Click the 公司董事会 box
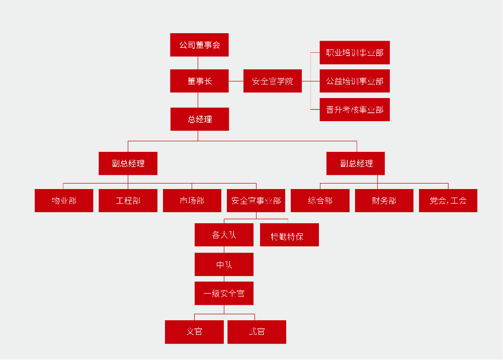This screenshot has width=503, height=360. coord(199,45)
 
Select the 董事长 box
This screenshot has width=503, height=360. coord(199,81)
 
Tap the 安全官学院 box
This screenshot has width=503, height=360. coord(272,81)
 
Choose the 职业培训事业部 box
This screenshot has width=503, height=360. coord(355,53)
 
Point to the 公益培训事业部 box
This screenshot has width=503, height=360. coord(355,81)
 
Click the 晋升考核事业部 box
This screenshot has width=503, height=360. coord(355,110)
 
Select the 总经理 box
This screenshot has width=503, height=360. coord(199,119)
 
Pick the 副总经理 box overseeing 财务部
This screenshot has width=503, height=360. coord(356,163)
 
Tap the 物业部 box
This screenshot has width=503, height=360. coord(64,201)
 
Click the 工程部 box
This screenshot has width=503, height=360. coord(128,201)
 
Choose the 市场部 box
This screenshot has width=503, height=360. coord(192,201)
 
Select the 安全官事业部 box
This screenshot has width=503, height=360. coord(256,201)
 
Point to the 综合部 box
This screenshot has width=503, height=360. coord(320,201)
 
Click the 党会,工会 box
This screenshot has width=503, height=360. coord(448,201)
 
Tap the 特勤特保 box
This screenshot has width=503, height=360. coord(289,235)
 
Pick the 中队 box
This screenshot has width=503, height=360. coord(224,264)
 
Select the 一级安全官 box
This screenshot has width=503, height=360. coord(224,293)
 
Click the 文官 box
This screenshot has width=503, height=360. coord(194,332)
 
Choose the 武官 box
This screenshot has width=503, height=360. coord(257,332)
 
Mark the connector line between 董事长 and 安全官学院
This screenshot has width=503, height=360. coord(236,81)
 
